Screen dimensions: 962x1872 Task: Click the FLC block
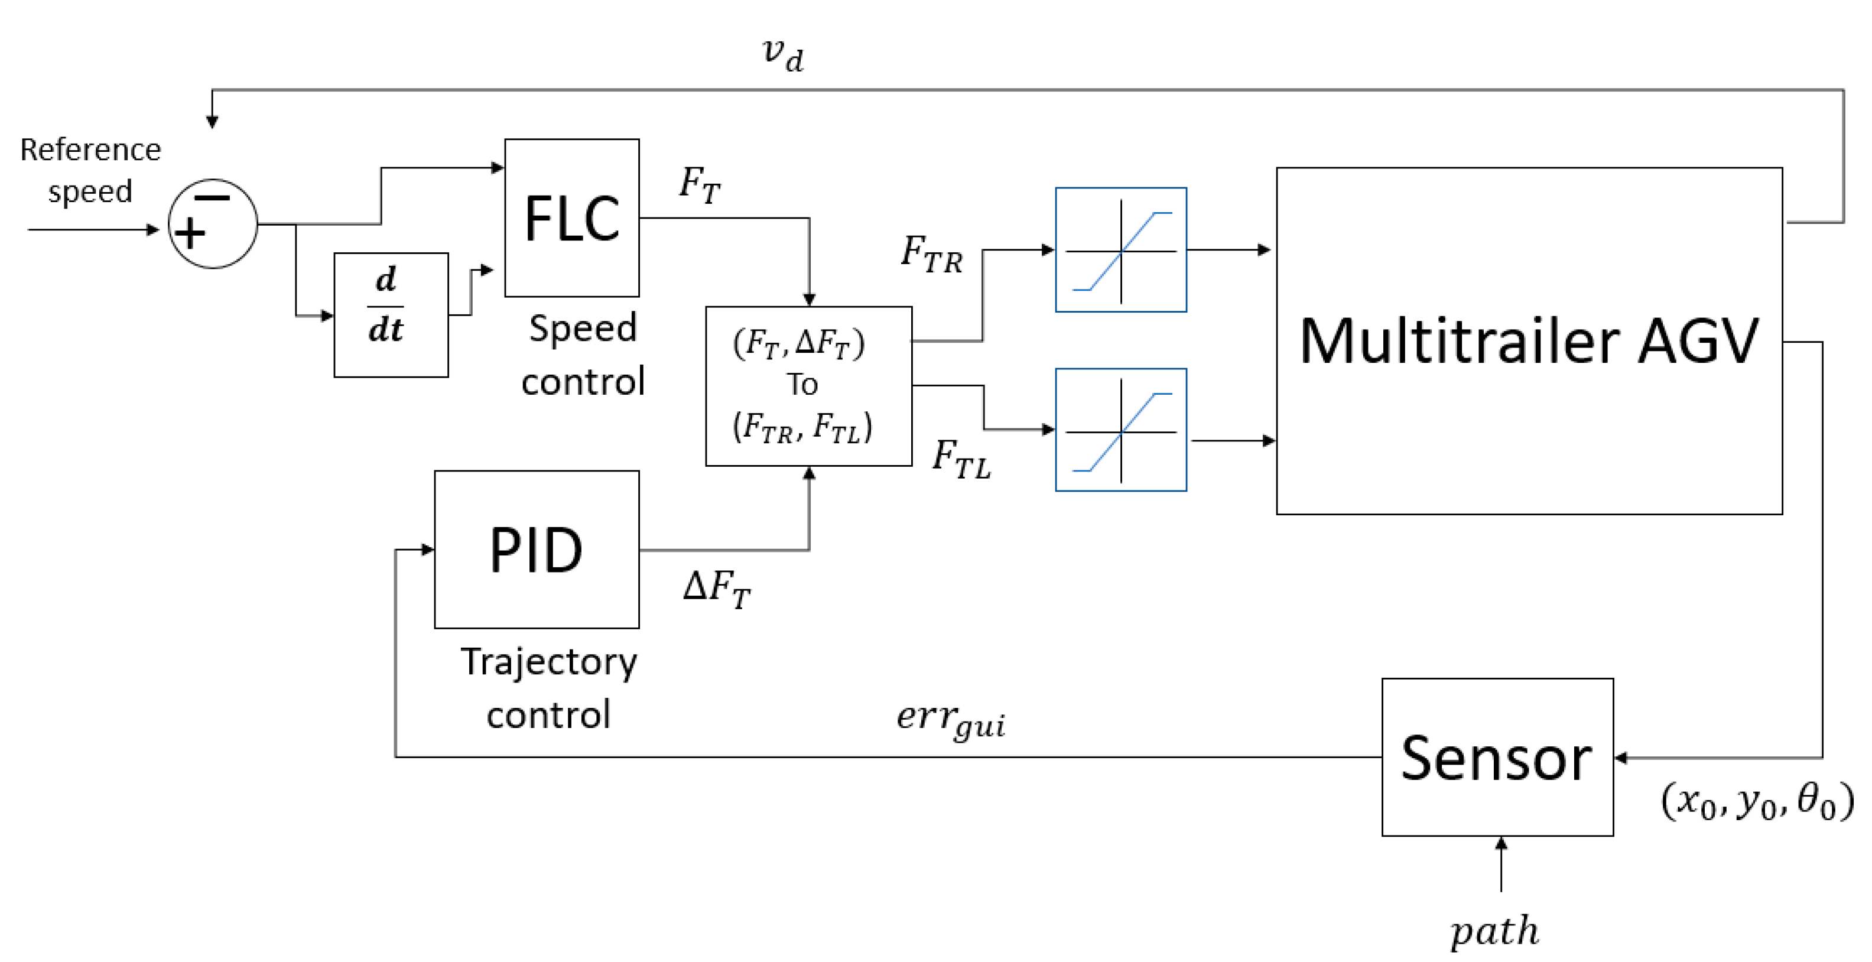[572, 218]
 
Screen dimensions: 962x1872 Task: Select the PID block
[537, 550]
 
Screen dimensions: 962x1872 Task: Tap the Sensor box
[1497, 757]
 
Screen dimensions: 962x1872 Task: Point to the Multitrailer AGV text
[1529, 341]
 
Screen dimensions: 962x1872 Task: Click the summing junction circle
[212, 224]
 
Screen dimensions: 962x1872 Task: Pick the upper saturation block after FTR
[1120, 250]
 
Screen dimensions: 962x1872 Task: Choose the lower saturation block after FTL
[1120, 430]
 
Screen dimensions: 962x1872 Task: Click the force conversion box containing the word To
[808, 386]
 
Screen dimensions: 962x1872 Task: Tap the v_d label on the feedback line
[784, 54]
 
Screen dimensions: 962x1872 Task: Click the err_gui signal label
[951, 719]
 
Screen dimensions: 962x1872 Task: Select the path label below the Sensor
[1495, 931]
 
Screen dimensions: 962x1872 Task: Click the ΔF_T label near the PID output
[717, 587]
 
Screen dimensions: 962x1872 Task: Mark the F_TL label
[961, 459]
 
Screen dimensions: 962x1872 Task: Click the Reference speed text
[90, 170]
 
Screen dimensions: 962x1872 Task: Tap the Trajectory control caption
[549, 687]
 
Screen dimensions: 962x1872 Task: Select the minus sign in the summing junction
[212, 197]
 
